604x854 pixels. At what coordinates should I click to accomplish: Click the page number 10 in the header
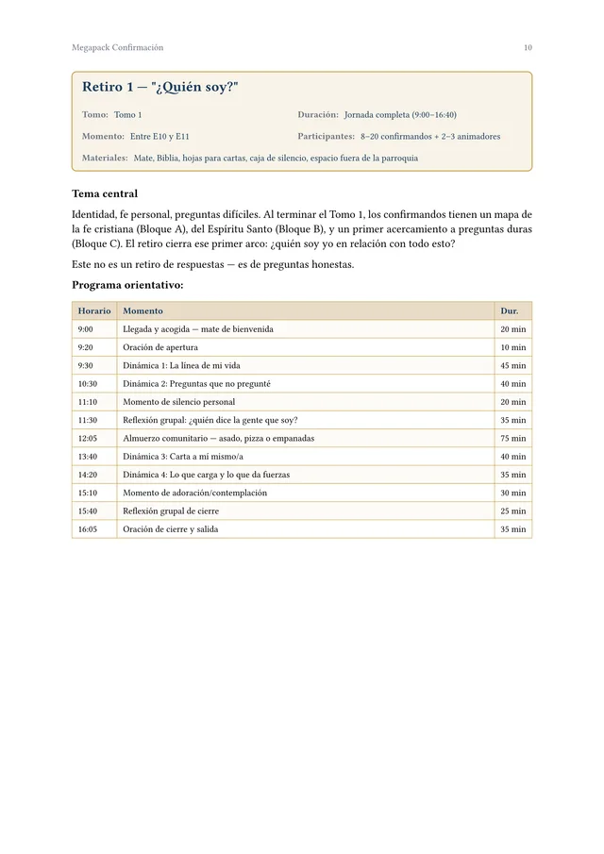coord(528,47)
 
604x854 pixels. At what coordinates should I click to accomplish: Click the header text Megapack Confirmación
coord(117,47)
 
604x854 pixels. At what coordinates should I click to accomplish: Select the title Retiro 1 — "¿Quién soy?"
coord(159,88)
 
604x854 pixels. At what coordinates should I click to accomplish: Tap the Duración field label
coord(318,114)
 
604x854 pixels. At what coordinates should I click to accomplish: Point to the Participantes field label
coord(326,136)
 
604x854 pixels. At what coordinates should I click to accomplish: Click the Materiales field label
coord(105,158)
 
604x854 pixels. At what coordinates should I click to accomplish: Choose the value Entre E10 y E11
coord(159,136)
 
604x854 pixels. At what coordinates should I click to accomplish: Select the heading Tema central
coord(105,193)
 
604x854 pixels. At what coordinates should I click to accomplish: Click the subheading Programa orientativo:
coord(127,285)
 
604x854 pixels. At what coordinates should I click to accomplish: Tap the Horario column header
coord(93,310)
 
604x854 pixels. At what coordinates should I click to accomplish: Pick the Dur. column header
coord(510,310)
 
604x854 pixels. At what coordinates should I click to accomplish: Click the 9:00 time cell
coord(85,329)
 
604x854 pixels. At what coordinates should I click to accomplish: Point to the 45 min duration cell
coord(512,365)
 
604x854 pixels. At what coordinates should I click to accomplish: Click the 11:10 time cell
coord(87,402)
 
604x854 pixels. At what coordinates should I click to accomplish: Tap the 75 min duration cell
coord(512,439)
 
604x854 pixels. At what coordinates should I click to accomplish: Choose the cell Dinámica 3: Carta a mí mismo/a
coord(182,457)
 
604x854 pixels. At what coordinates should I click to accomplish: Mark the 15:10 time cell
coord(87,493)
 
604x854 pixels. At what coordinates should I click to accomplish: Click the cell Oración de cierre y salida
coord(170,529)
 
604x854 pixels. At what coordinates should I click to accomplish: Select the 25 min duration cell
coord(512,511)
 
